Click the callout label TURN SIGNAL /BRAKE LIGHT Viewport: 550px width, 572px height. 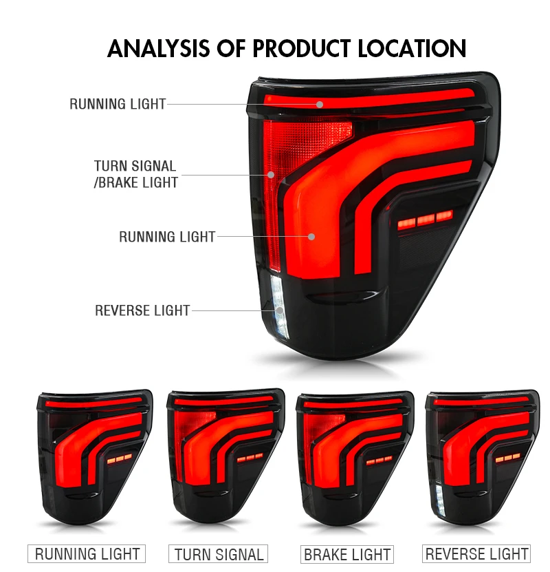[135, 174]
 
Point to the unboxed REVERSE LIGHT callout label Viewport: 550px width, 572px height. [142, 310]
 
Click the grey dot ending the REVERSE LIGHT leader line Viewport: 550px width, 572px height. [280, 311]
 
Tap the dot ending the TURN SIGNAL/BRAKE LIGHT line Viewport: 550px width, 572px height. [272, 175]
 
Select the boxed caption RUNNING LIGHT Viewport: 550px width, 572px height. [87, 554]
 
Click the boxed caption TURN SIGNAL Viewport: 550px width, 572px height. [219, 554]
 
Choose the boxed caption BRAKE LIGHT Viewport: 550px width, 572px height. [347, 554]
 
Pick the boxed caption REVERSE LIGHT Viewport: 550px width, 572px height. [477, 554]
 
